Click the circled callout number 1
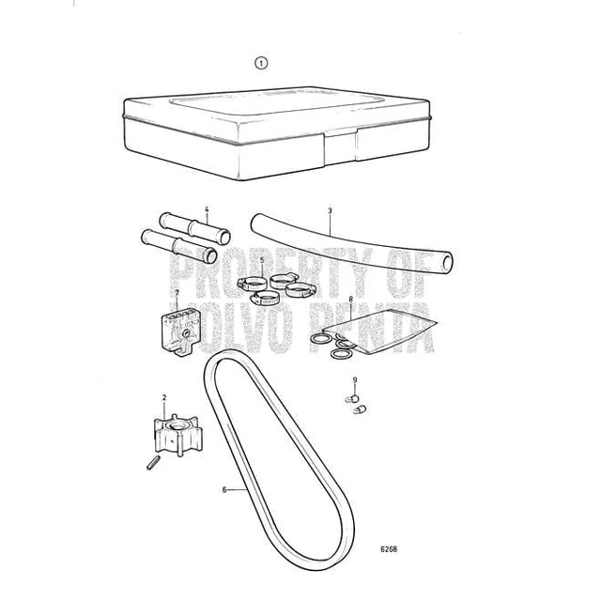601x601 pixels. click(x=261, y=64)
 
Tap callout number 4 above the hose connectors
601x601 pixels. click(x=206, y=209)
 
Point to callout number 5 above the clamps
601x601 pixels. click(x=262, y=259)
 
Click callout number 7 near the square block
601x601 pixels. click(x=177, y=293)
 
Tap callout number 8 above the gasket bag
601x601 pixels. click(x=350, y=300)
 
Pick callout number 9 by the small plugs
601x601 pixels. click(x=355, y=378)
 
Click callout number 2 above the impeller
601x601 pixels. click(x=165, y=397)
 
